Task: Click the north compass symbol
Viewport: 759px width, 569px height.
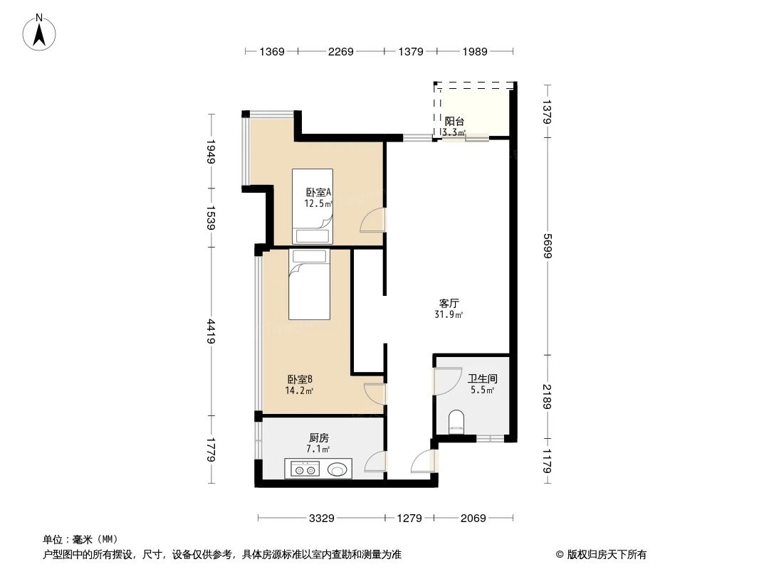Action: point(41,32)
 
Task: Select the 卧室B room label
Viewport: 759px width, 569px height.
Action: point(300,379)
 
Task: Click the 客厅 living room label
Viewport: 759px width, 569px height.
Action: point(449,303)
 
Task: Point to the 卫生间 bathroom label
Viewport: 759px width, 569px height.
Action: point(481,378)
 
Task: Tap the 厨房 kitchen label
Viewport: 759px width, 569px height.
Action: point(318,438)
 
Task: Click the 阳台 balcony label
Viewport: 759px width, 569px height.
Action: point(454,121)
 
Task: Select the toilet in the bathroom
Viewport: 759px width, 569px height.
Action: point(456,422)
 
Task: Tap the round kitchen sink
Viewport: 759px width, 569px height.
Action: point(337,469)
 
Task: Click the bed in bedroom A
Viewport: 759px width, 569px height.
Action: point(312,206)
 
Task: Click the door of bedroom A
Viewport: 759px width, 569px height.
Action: point(373,220)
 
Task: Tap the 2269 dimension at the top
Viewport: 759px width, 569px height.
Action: point(340,51)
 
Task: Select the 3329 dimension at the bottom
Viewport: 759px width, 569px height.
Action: point(322,519)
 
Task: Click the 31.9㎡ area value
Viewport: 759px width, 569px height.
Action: point(449,315)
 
